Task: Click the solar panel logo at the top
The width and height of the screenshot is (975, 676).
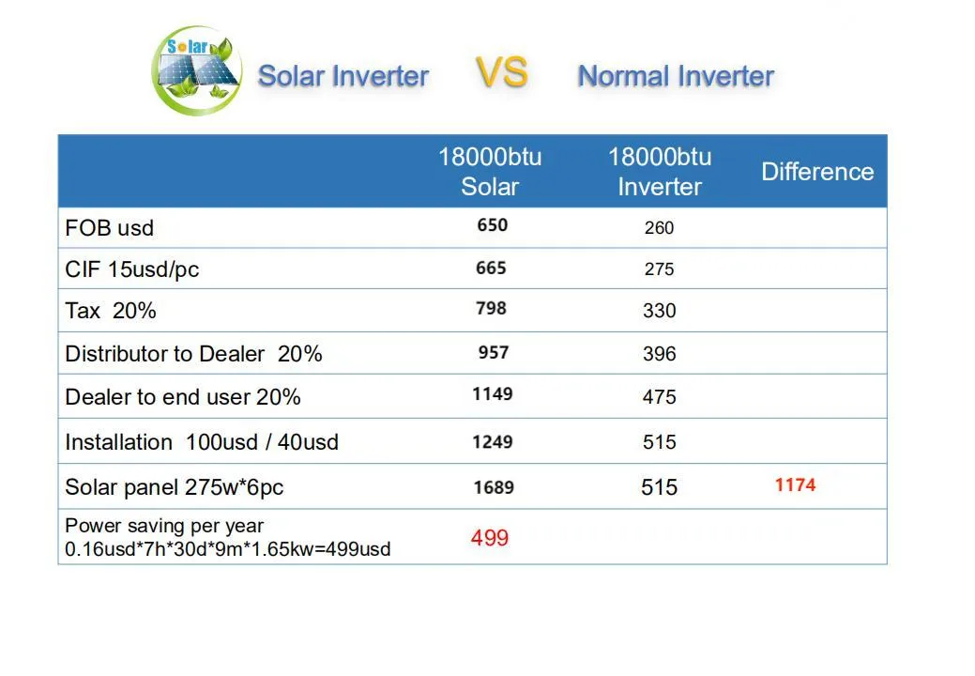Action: pos(197,70)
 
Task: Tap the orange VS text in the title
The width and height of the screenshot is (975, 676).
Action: pos(501,72)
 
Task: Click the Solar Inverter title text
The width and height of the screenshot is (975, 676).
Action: pos(343,76)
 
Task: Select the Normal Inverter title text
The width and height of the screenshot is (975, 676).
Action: pos(676,76)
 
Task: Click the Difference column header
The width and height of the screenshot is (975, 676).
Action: pos(816,172)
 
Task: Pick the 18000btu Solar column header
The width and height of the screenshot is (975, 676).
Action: pos(490,171)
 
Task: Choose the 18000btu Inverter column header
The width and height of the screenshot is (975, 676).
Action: pos(660,171)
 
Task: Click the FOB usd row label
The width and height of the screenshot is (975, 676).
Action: pos(110,228)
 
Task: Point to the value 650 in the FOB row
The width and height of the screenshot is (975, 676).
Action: pos(492,225)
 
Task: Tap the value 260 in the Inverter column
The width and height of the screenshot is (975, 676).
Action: pos(660,227)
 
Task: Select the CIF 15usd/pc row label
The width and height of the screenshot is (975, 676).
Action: pos(132,269)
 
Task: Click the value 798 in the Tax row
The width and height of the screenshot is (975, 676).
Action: pos(492,308)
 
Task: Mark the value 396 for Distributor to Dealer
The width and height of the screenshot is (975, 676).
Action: pos(660,354)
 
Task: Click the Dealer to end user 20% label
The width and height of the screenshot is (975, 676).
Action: pos(183,397)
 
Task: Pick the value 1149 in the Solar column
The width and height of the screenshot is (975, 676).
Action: pos(493,393)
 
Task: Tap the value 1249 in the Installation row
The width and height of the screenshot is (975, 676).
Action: pos(493,441)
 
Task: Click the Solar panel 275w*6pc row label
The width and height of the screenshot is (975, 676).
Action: pos(175,487)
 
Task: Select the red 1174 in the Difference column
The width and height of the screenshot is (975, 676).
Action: pos(795,485)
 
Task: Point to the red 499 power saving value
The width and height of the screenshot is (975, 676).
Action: pos(490,538)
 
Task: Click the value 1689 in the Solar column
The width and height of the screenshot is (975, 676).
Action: pos(493,487)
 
